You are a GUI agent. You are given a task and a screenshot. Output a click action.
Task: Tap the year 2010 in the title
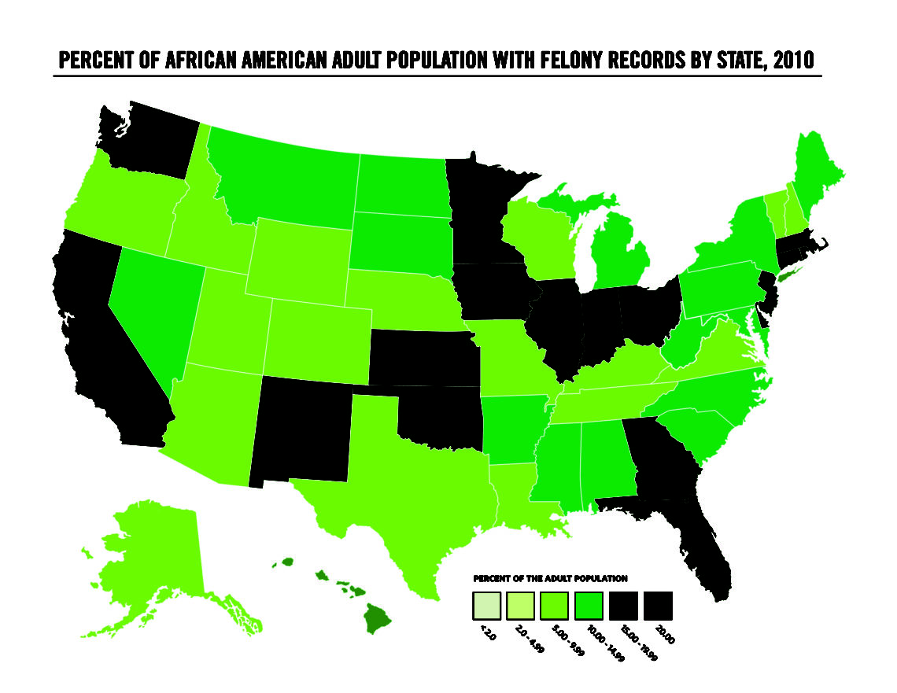coord(793,61)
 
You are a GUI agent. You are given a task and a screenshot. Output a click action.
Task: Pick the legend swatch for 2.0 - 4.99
coord(520,606)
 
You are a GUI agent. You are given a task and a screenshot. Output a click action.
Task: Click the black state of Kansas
coord(422,358)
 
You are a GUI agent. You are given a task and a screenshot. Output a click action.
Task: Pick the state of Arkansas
coord(512,429)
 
